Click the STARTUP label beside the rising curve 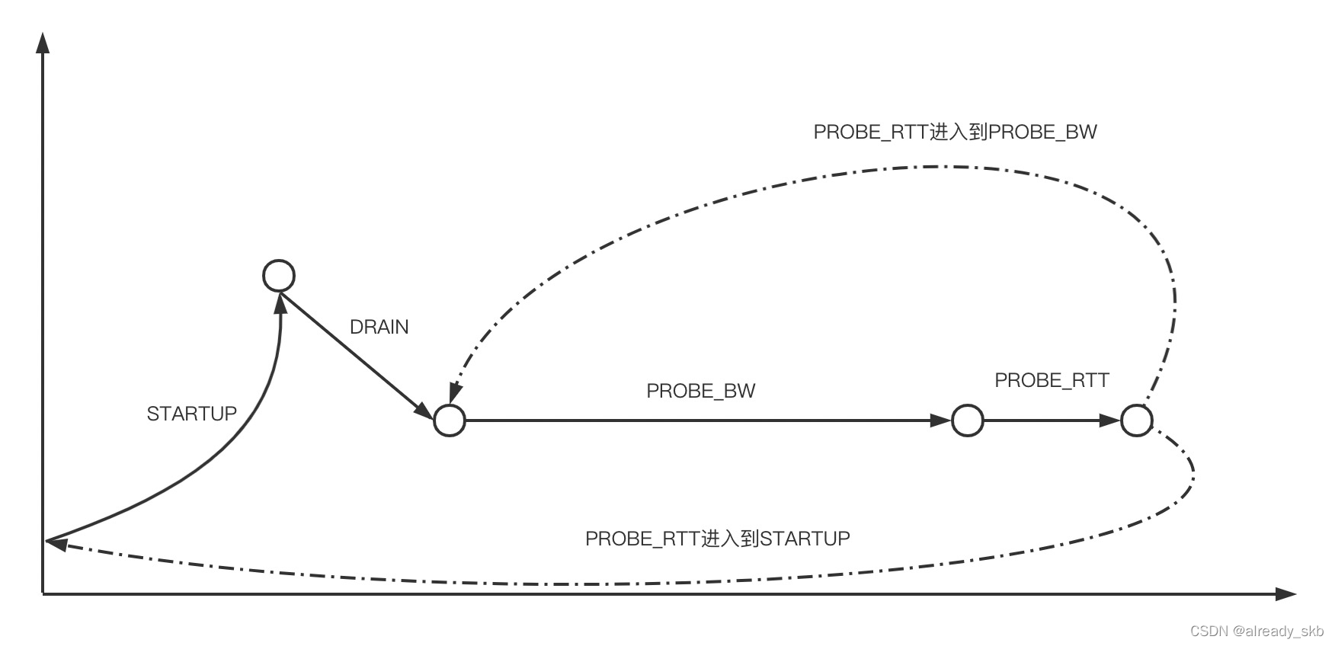coord(191,414)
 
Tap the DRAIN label coord(379,327)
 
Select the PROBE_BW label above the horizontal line coord(700,391)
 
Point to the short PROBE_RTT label coord(1052,380)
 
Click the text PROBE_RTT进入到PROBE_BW coord(955,132)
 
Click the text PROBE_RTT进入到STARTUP coord(717,539)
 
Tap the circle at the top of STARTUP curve coord(279,275)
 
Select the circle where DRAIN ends coord(450,420)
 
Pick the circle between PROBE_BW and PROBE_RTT coord(968,420)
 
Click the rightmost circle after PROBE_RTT coord(1137,420)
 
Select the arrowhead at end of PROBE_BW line coord(942,420)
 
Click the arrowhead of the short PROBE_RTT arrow coord(1111,420)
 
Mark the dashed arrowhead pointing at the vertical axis coord(56,542)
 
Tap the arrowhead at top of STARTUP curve coord(281,303)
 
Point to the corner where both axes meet coord(43,593)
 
